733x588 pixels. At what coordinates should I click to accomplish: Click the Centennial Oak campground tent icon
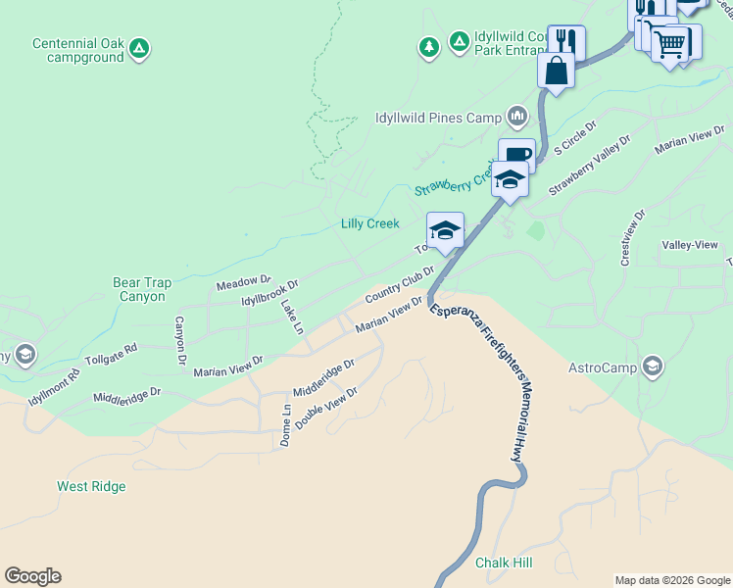139,46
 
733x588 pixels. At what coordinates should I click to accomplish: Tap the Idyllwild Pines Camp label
438,118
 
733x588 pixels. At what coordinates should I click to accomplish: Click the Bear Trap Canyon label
142,289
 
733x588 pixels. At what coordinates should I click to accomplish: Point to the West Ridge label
91,486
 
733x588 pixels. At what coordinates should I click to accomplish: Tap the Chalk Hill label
503,563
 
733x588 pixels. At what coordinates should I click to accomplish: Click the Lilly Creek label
369,223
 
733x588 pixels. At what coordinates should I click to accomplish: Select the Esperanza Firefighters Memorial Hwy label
478,380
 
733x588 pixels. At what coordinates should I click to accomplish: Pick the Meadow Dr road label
243,283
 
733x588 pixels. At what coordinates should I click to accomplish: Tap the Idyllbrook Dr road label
269,292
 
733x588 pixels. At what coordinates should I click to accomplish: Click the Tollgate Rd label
111,354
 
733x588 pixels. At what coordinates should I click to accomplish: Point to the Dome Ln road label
285,426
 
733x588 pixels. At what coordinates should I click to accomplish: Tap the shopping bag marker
556,71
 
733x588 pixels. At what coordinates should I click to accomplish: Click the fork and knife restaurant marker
565,42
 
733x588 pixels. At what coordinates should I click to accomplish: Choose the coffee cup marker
516,155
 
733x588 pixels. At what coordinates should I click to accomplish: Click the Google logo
32,576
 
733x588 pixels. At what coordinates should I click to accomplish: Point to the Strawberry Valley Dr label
589,166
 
